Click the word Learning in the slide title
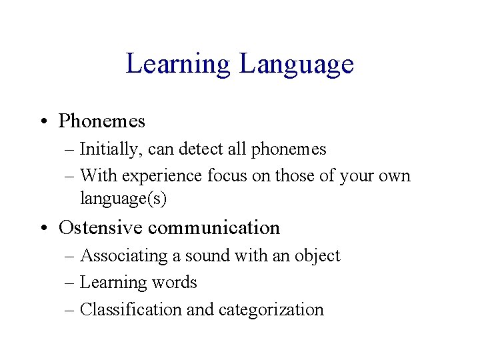click(x=178, y=64)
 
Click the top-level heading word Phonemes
click(x=102, y=121)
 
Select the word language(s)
click(x=123, y=198)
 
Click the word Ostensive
click(x=101, y=227)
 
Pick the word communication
click(x=214, y=227)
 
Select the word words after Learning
click(x=175, y=283)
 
